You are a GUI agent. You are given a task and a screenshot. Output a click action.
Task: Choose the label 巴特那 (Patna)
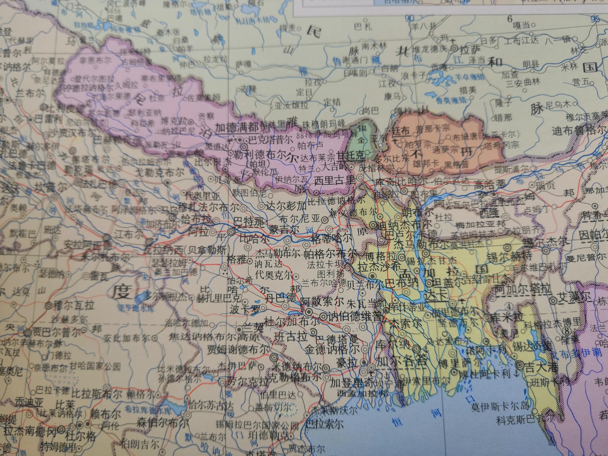(x=249, y=222)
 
